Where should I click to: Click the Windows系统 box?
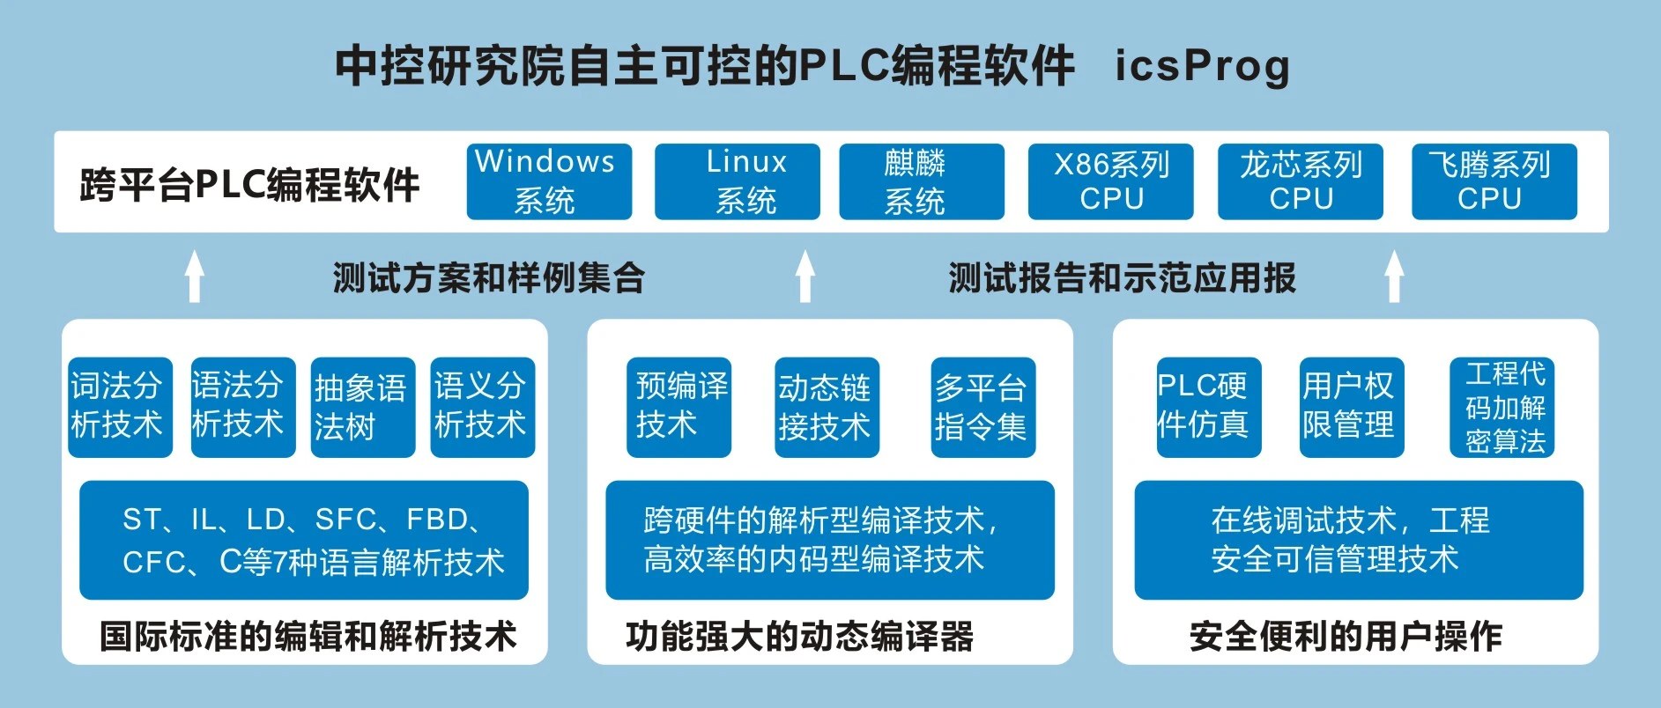549,181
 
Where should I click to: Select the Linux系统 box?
737,181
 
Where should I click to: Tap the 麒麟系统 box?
921,181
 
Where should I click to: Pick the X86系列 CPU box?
1110,181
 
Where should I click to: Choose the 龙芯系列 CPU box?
1300,181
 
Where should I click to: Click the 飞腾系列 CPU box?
1494,181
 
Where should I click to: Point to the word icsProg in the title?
1202,66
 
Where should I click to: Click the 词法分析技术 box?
120,407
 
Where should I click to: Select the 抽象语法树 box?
362,407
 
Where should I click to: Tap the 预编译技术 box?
678,407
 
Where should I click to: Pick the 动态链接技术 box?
827,407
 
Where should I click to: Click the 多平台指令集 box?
983,407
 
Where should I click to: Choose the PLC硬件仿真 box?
1208,407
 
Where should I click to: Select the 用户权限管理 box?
1351,407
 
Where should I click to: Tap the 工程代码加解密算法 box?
1502,407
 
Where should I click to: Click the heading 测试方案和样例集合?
488,278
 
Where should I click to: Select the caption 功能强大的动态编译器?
799,636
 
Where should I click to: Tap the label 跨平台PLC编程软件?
249,185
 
